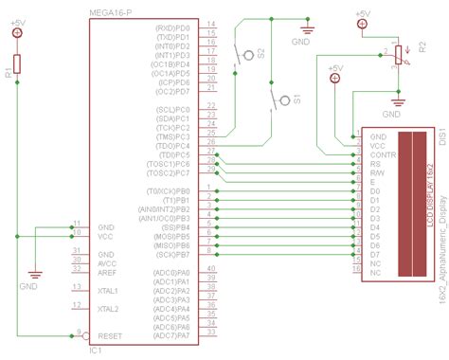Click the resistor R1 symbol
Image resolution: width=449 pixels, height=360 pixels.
[x=18, y=69]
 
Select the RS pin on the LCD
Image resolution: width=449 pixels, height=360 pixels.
[x=374, y=165]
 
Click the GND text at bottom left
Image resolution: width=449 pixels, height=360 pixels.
[x=30, y=285]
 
